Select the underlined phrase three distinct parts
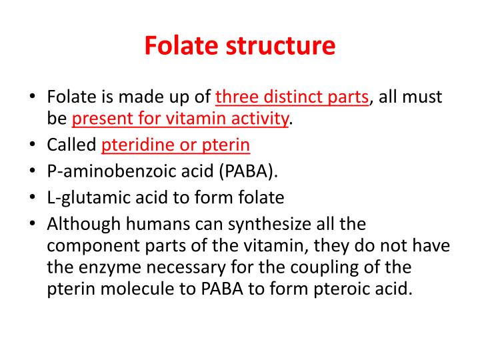point(292,97)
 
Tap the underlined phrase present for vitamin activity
point(181,119)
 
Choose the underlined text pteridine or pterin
point(176,145)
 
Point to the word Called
point(71,145)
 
